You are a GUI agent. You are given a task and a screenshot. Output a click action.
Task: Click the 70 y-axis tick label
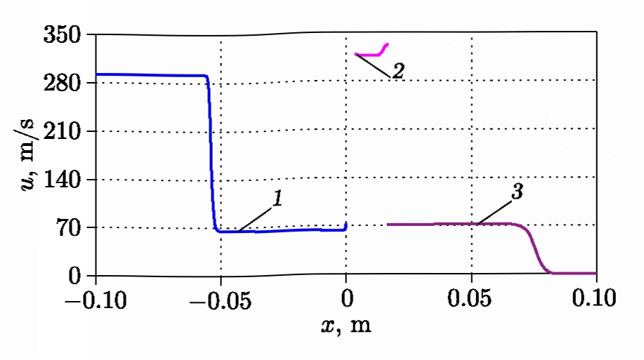[71, 228]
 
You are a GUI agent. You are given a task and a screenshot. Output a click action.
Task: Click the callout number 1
[277, 200]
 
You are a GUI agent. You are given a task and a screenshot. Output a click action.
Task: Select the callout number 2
[397, 71]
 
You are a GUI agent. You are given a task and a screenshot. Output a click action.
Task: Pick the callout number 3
[517, 193]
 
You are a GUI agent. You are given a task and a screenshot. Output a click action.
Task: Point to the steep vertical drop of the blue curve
[211, 154]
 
